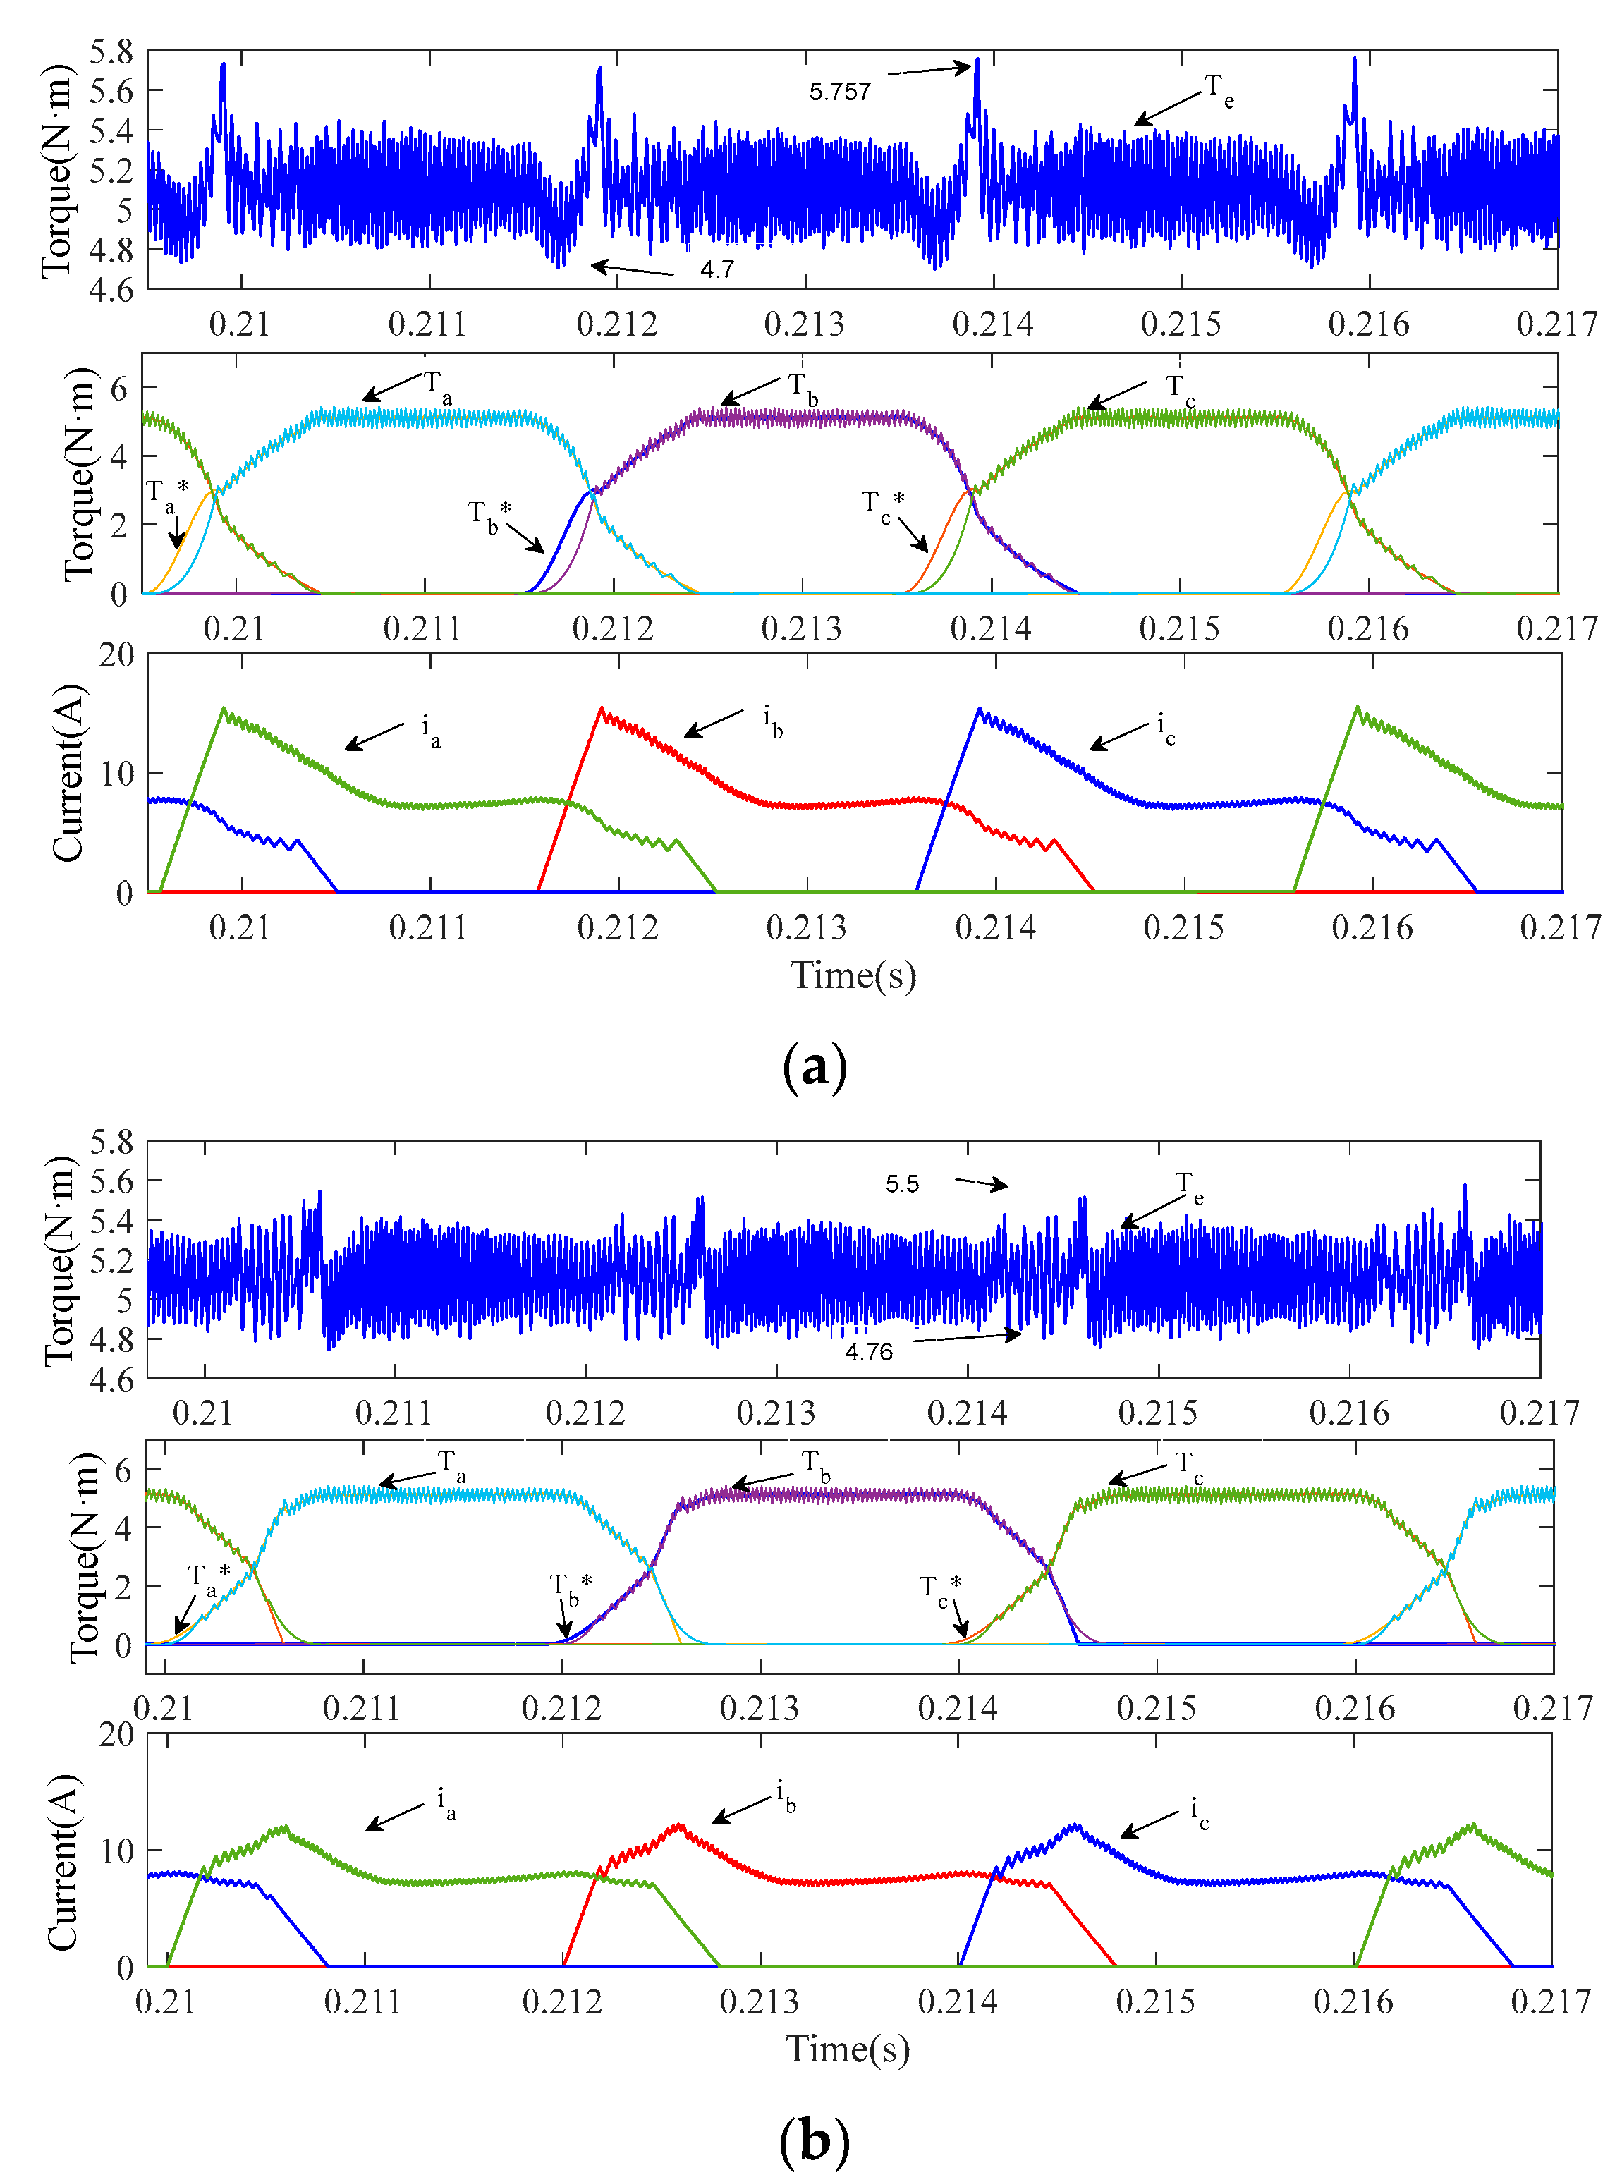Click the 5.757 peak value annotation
pos(839,91)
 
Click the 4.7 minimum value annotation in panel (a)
pos(717,269)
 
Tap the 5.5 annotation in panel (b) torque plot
pos(901,1183)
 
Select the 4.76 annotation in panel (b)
pos(869,1351)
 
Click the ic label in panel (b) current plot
pos(1199,1810)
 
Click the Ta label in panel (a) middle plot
pos(437,386)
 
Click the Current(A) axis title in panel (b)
pos(63,1862)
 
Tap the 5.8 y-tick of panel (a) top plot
pos(111,52)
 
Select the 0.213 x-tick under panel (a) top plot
pos(804,324)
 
